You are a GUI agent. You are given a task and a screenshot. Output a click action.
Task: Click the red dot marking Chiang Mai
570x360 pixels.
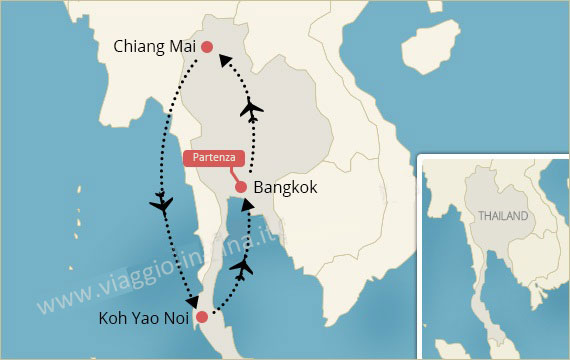coord(207,47)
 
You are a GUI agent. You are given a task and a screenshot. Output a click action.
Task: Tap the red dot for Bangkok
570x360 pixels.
coord(241,187)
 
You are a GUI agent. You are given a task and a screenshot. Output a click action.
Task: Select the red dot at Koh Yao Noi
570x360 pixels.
coord(202,318)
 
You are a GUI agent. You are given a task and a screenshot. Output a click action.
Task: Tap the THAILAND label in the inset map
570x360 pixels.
coord(502,216)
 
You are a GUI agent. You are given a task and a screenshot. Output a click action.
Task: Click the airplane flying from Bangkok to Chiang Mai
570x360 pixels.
coord(252,109)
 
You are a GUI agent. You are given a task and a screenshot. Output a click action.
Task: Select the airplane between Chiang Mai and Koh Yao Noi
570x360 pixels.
coord(161,205)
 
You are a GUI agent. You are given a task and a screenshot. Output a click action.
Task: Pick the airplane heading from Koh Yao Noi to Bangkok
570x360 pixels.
coord(241,267)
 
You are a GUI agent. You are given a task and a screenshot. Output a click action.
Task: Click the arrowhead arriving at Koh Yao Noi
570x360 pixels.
coord(190,298)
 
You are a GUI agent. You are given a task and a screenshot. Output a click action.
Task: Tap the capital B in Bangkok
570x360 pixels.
coord(260,187)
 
